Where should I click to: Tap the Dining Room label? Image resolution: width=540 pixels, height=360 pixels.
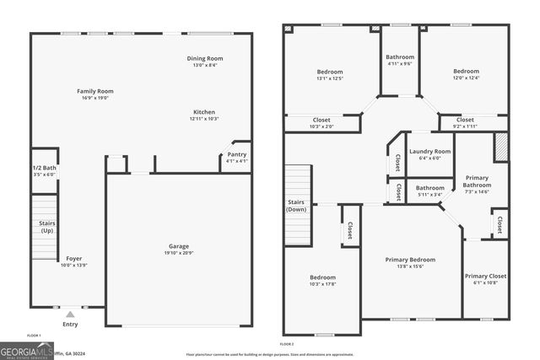click(203, 58)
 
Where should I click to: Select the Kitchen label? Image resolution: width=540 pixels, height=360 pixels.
click(204, 112)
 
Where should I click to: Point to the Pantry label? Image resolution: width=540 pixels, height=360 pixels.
click(237, 155)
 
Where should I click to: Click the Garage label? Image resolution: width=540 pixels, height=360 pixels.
click(179, 246)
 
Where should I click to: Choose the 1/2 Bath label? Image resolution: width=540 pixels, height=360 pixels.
click(45, 168)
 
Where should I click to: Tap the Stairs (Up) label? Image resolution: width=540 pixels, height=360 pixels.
click(47, 227)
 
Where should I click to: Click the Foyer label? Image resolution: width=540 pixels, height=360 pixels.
click(74, 258)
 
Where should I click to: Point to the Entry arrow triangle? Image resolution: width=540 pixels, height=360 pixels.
click(69, 313)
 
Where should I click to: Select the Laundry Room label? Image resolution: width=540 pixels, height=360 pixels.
click(429, 152)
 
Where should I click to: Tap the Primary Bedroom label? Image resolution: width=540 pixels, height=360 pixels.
click(410, 260)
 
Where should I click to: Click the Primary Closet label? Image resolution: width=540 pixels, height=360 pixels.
click(485, 277)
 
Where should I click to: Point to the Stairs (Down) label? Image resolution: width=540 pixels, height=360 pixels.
click(295, 205)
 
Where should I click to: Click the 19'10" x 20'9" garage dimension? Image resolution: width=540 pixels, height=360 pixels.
click(179, 253)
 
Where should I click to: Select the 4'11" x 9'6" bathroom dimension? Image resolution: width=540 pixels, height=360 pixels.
click(400, 62)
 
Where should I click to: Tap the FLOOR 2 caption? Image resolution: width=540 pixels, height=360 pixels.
click(287, 344)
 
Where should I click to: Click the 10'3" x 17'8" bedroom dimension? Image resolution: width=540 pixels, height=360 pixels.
click(322, 284)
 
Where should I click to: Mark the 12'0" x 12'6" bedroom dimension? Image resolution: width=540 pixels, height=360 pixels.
click(467, 78)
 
